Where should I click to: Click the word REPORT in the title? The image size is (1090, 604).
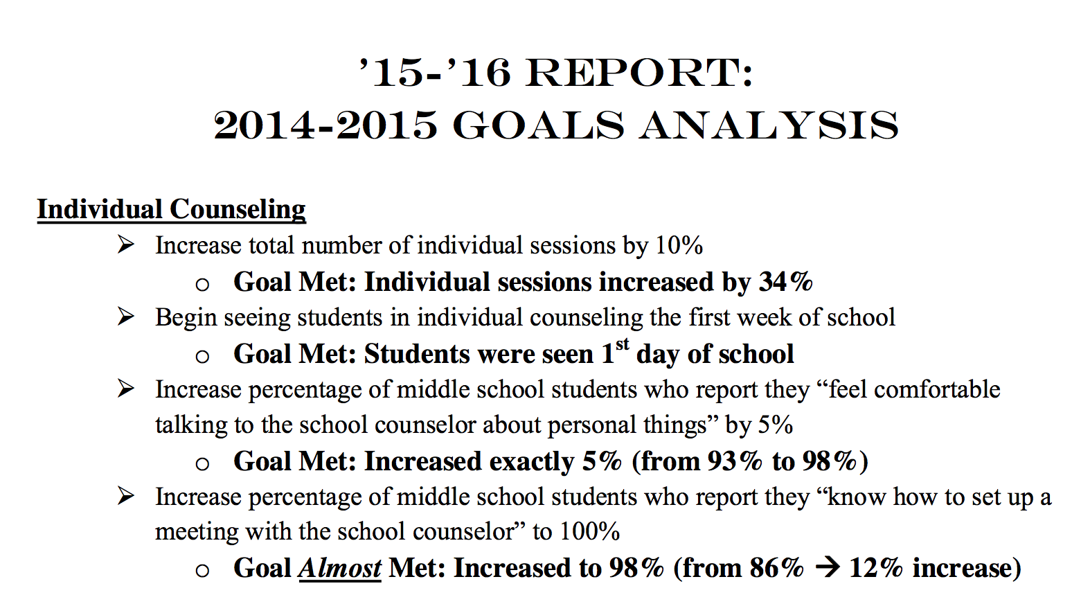639,73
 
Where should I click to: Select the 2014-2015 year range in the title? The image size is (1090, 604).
325,125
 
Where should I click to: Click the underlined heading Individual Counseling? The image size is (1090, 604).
171,209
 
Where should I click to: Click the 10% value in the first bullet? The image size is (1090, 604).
679,245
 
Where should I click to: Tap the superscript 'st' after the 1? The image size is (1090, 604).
622,344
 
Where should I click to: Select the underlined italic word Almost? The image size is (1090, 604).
339,568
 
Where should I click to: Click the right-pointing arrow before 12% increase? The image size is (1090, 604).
827,568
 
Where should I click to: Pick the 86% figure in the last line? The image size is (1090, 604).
776,568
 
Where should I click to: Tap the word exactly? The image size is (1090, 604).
533,461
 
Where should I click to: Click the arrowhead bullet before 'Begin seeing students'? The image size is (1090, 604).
126,317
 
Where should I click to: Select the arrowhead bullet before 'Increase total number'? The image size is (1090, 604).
126,245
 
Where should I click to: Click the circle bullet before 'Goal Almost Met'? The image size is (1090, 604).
202,570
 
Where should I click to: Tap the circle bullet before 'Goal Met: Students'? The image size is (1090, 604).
202,356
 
